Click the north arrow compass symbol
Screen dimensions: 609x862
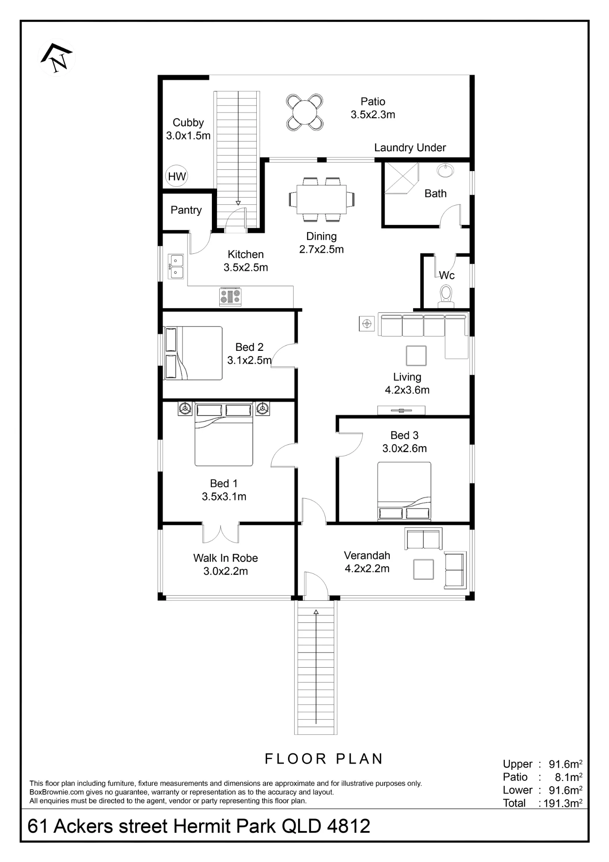pos(57,57)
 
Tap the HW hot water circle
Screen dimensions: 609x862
pos(177,176)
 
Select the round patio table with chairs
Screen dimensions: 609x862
pos(304,112)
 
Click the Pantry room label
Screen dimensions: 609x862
pos(186,210)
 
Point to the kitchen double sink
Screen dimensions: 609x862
pos(176,266)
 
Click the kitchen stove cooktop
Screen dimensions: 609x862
pos(230,297)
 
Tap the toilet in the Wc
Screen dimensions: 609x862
pos(446,296)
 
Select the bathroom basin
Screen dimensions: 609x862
pos(445,171)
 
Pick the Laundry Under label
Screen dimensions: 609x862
pos(410,147)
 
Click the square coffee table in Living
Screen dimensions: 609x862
pos(416,356)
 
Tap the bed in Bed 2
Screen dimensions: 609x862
pos(193,353)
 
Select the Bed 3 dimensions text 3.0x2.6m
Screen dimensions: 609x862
pos(404,448)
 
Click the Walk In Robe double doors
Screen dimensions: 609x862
pos(221,534)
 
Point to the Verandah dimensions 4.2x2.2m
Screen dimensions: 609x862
pos(367,568)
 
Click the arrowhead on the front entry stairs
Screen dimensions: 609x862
pos(316,612)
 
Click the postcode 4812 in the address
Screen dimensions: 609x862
pos(348,826)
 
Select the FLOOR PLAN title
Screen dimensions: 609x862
pos(324,759)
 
